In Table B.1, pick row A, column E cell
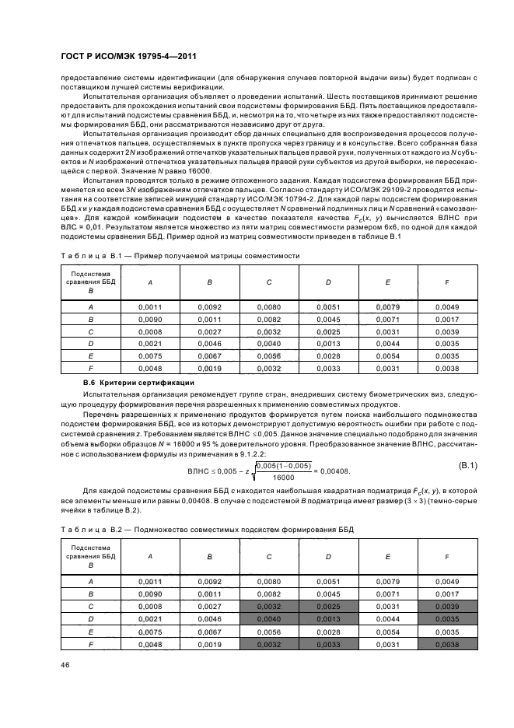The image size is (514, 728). (x=387, y=306)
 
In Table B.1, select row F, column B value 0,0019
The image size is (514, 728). (x=209, y=368)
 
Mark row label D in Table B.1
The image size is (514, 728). (x=91, y=343)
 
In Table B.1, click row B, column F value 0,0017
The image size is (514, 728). (x=446, y=319)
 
